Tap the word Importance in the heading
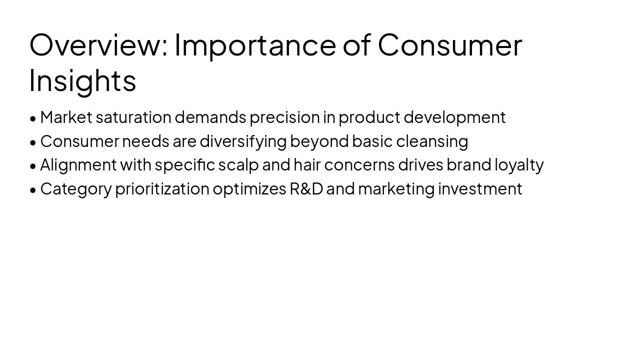point(255,44)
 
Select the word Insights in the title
point(82,80)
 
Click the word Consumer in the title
point(449,44)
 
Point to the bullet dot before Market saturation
point(33,118)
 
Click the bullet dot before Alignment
point(33,166)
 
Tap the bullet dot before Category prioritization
point(33,190)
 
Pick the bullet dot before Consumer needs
point(33,142)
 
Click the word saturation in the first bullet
point(133,117)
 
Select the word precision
point(284,117)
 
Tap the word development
point(454,117)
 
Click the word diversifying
point(243,141)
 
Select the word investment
point(480,189)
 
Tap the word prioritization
point(162,189)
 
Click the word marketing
point(396,189)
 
